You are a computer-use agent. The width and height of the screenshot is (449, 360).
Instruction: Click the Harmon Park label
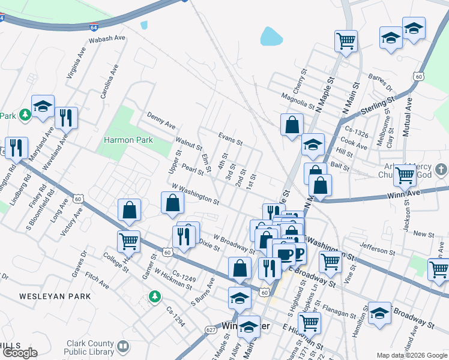coord(128,140)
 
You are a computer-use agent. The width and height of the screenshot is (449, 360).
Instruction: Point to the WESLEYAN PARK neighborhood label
coord(55,296)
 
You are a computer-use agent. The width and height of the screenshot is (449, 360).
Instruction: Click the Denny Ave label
coord(161,120)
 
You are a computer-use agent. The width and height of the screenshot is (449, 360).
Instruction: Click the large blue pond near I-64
coord(271,37)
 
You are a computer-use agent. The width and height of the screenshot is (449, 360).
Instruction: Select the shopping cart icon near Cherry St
coord(346,41)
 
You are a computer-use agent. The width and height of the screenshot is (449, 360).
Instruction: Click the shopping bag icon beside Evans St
coord(292,125)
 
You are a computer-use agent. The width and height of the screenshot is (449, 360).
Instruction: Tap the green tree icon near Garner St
coord(155,296)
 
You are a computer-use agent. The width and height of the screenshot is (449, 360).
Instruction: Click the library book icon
coord(123,346)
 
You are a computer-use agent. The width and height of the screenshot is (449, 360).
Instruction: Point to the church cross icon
coord(439,170)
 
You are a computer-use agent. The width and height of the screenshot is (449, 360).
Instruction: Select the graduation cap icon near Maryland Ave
coord(43,106)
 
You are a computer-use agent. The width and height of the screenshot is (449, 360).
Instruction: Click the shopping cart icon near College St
coord(128,241)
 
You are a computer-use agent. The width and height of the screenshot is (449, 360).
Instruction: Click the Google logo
coord(19,353)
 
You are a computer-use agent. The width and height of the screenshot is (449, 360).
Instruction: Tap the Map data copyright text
coord(412,355)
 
